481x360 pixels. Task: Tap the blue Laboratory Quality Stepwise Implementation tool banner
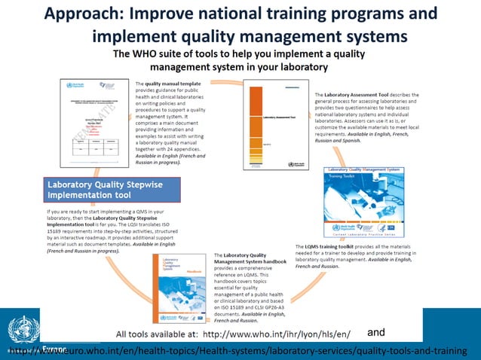click(110, 188)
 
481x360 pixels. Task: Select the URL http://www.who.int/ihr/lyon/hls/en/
click(277, 334)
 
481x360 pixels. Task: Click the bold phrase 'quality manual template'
click(176, 84)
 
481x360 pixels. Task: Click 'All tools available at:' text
click(156, 334)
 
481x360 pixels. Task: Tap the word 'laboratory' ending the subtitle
click(299, 66)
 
